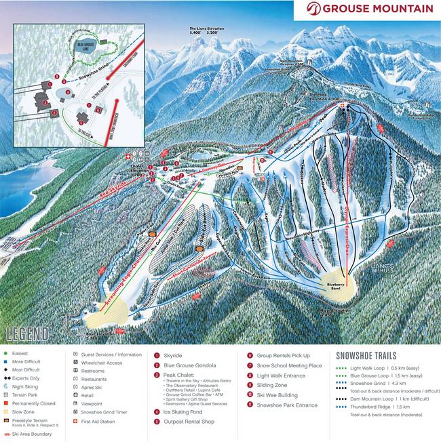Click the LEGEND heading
tap(27, 333)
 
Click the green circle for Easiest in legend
tap(5, 354)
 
